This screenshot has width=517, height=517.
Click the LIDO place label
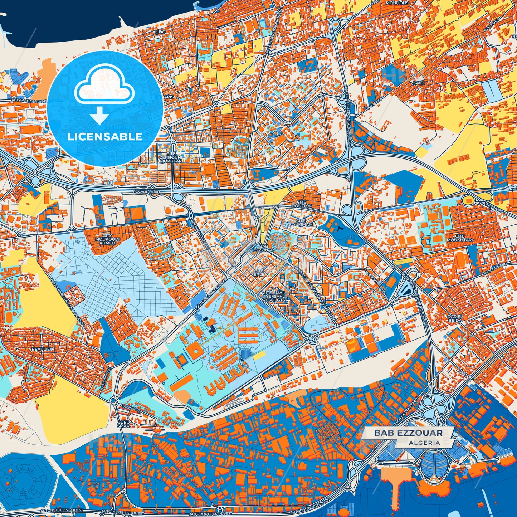[160, 32]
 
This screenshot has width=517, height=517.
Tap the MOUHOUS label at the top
[397, 3]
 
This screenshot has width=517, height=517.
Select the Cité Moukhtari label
[459, 238]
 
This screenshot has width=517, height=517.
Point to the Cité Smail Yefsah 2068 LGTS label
[274, 296]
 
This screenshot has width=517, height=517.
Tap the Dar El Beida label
[455, 318]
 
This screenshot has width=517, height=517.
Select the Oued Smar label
[123, 424]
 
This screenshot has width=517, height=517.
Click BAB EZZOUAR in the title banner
[408, 433]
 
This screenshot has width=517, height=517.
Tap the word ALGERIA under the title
[424, 443]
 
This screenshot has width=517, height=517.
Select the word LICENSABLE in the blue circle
[104, 137]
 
